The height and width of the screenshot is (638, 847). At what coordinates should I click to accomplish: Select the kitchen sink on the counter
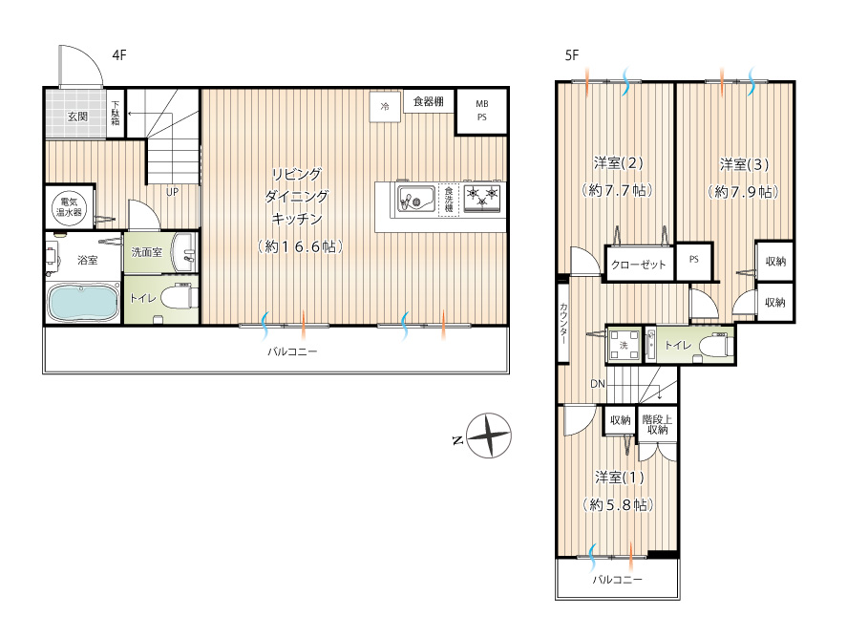(x=416, y=199)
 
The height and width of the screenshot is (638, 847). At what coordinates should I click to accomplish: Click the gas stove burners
(x=482, y=198)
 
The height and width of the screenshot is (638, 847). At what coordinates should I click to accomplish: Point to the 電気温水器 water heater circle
(x=69, y=207)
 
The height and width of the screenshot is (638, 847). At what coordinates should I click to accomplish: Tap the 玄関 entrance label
(x=77, y=117)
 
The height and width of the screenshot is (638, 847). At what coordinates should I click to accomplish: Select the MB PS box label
(x=482, y=110)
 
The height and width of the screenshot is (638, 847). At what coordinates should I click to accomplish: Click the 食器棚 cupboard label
(x=429, y=101)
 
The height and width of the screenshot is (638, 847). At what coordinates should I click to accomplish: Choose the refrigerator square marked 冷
(x=385, y=106)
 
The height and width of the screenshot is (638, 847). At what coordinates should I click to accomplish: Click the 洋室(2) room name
(x=619, y=162)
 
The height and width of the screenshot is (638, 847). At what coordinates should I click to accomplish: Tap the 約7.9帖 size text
(x=744, y=192)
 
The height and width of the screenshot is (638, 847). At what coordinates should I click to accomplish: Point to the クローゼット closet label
(x=639, y=265)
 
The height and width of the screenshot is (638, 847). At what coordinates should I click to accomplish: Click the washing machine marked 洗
(x=624, y=345)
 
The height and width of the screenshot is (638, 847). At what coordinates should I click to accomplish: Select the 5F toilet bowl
(x=715, y=345)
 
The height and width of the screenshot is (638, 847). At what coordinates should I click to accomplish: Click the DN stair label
(x=598, y=384)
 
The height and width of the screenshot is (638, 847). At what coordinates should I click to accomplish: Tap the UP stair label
(x=172, y=192)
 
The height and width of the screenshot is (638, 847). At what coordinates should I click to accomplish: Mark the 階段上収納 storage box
(x=657, y=424)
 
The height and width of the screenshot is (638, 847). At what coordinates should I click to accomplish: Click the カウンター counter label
(x=563, y=323)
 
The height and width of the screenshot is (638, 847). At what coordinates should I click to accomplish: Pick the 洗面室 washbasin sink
(x=184, y=252)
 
